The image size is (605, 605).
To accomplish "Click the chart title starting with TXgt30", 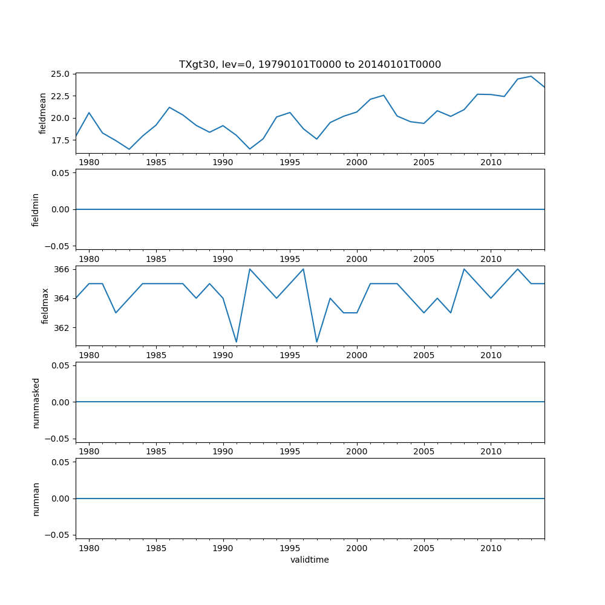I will coord(310,64).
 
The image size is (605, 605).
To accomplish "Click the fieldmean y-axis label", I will coord(43,113).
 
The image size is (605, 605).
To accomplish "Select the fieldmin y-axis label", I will coord(36,209).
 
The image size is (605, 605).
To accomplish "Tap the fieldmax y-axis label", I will coord(45,306).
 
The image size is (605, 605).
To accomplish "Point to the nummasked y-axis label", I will coord(36,402).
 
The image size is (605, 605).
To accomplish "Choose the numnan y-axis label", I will coord(36,499).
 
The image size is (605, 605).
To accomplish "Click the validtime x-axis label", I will coord(310,560).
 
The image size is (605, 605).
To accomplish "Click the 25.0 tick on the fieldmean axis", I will coord(60,74).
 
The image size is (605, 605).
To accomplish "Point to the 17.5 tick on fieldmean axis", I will coord(60,140).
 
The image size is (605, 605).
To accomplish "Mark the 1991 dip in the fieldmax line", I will coord(237,342).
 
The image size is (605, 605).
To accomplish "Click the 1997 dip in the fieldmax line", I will coord(316,342).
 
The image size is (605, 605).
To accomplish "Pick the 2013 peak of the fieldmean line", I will coord(531,76).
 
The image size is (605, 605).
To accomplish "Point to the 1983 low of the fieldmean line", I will coord(129,149).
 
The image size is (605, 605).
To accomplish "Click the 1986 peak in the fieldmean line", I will coord(169,107).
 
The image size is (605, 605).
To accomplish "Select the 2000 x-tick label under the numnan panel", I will coord(357,549).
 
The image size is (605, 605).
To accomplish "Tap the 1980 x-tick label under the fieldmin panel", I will coord(89,259).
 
